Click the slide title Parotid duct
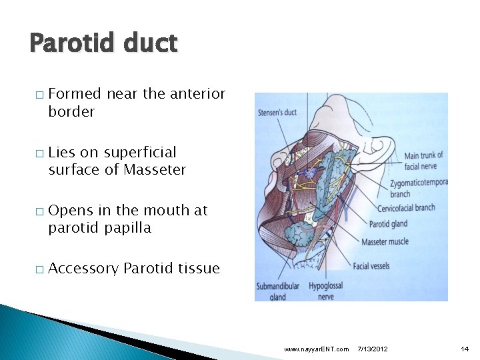103,43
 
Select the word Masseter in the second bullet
155,170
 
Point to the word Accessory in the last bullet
84,269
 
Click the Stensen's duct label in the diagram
277,112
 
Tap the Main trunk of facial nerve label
423,161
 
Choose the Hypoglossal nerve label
326,291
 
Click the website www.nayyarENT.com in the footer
315,349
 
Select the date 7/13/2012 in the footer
373,349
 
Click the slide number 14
465,349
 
